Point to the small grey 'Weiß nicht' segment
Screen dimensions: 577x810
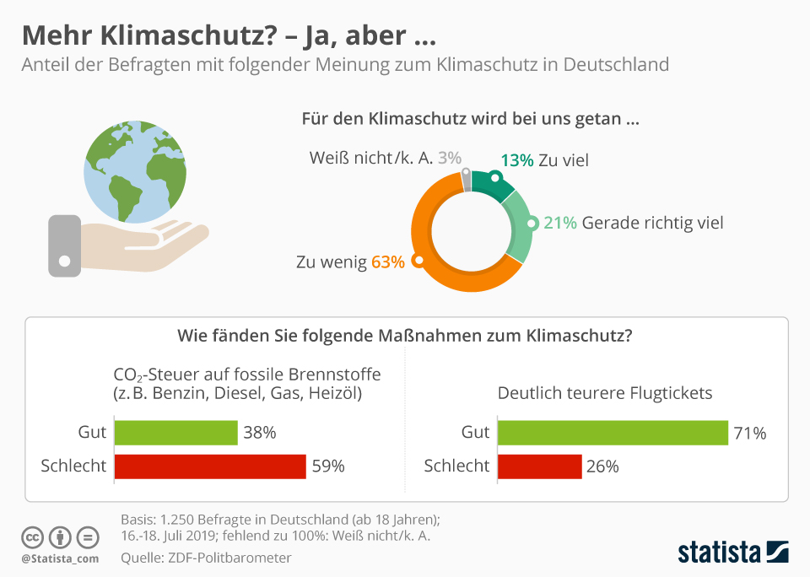tap(467, 180)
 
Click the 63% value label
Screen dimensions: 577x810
tap(388, 262)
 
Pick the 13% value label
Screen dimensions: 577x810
tap(516, 160)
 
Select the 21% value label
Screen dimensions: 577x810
tap(560, 223)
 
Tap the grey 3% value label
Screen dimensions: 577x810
tap(450, 158)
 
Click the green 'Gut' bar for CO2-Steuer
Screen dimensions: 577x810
tap(175, 433)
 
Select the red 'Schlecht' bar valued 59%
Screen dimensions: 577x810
tap(209, 466)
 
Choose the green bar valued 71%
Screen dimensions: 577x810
tap(613, 433)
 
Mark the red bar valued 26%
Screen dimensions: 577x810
tap(539, 466)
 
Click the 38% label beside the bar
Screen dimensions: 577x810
tap(260, 433)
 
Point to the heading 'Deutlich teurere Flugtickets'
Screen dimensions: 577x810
tap(605, 393)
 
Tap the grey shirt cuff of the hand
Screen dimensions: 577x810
tap(64, 245)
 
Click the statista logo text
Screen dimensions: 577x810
tap(719, 553)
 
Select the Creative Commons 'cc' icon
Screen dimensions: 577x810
tap(32, 537)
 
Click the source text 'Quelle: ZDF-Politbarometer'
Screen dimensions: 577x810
tap(206, 558)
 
